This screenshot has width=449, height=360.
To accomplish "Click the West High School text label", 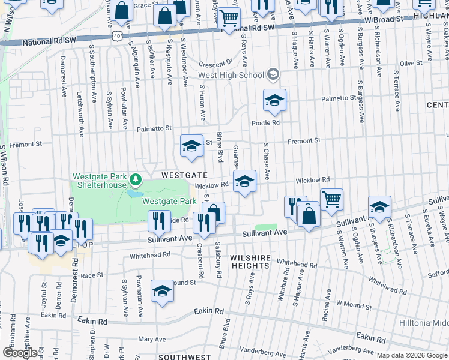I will point(231,75).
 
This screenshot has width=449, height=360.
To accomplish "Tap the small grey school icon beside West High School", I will point(273,75).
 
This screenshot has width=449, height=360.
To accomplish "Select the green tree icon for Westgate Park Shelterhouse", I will point(136,179).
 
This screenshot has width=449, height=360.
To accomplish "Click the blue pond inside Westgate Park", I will point(133,194).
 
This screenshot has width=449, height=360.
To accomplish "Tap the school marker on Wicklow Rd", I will point(244,183).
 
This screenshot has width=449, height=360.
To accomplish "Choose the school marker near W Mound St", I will point(161,292).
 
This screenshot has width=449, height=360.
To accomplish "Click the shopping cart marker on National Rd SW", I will point(228,19).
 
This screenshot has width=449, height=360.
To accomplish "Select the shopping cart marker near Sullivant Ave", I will point(331,199).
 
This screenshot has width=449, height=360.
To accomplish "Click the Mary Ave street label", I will point(152,339).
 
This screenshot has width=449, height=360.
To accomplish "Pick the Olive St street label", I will point(411,63).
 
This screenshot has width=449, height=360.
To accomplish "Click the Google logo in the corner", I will point(20,353).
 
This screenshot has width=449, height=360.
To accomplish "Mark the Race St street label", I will point(92,275).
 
